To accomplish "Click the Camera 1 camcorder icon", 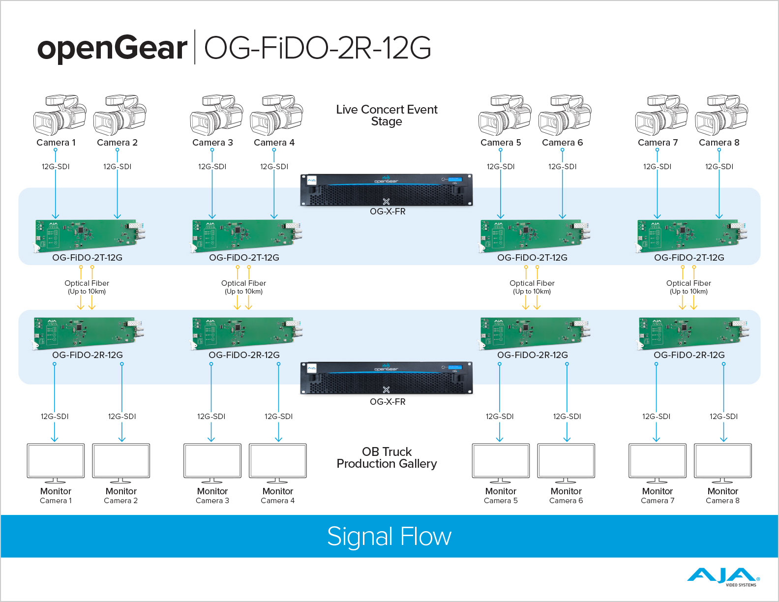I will (x=59, y=115).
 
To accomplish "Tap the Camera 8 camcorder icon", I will (x=721, y=115).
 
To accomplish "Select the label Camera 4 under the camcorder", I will (x=274, y=143).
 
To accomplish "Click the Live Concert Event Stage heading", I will (x=387, y=116).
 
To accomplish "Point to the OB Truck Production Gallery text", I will (x=387, y=458).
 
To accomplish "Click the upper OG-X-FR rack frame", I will (x=387, y=190).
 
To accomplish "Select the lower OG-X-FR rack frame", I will (x=387, y=378).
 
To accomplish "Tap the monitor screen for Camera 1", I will (x=56, y=461).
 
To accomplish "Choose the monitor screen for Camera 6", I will (x=566, y=461).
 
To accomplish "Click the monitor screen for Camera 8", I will (x=722, y=461).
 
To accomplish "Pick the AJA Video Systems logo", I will (x=723, y=577).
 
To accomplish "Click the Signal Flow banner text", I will (x=389, y=537).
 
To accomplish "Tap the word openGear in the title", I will (x=112, y=48).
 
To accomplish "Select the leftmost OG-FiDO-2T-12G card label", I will (x=88, y=258).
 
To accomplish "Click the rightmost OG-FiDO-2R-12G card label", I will (x=689, y=355).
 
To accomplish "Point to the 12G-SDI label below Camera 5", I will (x=501, y=167).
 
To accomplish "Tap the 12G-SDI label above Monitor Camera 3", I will (x=211, y=417).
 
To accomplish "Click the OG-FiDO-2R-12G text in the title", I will (x=317, y=48).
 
